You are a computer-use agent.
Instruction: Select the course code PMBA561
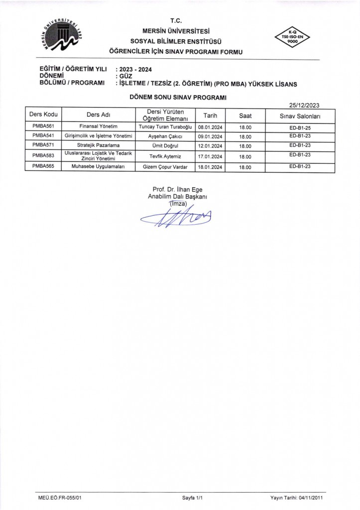tap(43, 127)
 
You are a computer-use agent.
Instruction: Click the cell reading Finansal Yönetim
tap(98, 127)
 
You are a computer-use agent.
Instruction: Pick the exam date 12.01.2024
tap(210, 146)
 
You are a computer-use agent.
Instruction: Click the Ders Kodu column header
tap(43, 115)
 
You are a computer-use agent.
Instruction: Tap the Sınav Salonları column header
tap(300, 116)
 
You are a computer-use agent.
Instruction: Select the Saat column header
tap(245, 116)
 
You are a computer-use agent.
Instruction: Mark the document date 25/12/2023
tap(304, 105)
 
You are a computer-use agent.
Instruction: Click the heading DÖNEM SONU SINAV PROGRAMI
tap(178, 98)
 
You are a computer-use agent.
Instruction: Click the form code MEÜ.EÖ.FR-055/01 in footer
tap(60, 498)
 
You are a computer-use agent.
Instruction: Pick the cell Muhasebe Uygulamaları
tap(98, 167)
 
